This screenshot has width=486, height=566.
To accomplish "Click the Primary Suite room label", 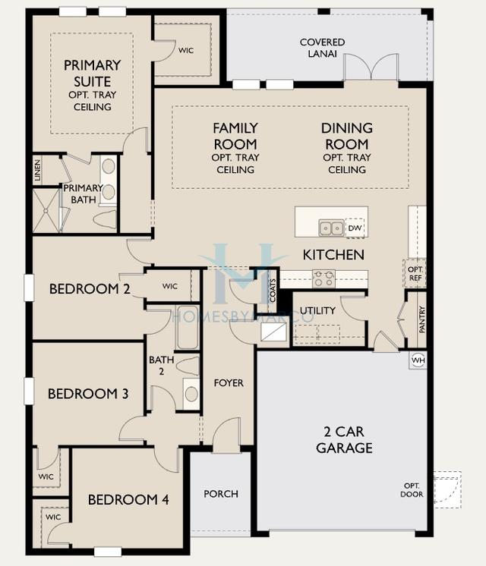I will coord(92,81).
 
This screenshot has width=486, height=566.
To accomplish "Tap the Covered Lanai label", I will coord(322,48).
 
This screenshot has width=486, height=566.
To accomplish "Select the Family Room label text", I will coord(235,136).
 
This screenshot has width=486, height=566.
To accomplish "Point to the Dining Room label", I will coord(346,136).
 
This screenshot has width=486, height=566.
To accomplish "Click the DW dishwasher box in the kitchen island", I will coord(355,228).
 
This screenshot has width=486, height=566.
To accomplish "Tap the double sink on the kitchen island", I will coord(330,228).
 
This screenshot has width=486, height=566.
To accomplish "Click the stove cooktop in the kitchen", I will coord(323,278).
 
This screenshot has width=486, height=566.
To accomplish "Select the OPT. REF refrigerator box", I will coord(415,273).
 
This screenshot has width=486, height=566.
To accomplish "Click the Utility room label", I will coord(317,311).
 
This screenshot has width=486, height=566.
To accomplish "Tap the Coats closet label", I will coord(273,290).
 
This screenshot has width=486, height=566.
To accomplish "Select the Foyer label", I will coord(229,383).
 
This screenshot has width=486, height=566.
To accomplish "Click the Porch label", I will coord(221,494).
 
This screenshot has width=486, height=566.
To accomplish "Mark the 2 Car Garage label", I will coord(344,441).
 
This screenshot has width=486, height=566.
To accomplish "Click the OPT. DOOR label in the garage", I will coord(412,489).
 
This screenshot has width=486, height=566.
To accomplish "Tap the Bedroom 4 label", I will coord(128,499).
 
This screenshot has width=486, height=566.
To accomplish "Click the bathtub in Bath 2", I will coord(188,327).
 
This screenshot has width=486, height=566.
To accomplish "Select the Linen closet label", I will coord(37,170).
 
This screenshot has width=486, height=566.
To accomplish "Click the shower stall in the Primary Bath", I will coord(46,210).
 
